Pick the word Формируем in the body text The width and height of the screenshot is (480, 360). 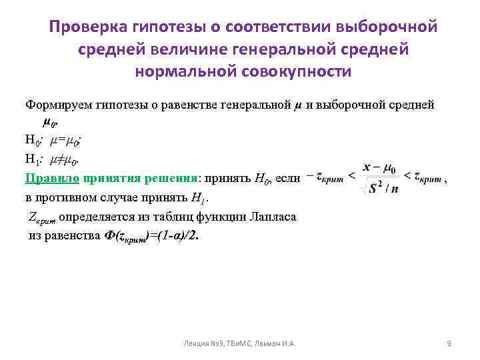point(55,105)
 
